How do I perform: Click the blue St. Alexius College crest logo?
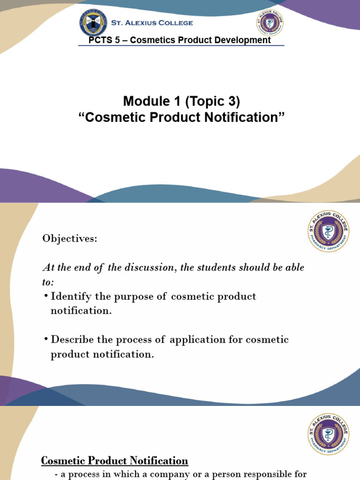pyautogui.click(x=93, y=22)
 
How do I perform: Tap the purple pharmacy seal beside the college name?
pyautogui.click(x=270, y=22)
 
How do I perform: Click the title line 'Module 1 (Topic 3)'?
pyautogui.click(x=181, y=101)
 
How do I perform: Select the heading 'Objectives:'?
pyautogui.click(x=70, y=239)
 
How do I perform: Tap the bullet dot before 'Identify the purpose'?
pyautogui.click(x=46, y=297)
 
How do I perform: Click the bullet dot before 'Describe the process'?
pyautogui.click(x=46, y=339)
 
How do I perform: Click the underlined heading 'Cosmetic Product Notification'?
pyautogui.click(x=115, y=461)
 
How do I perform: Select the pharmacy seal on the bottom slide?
pyautogui.click(x=328, y=434)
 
